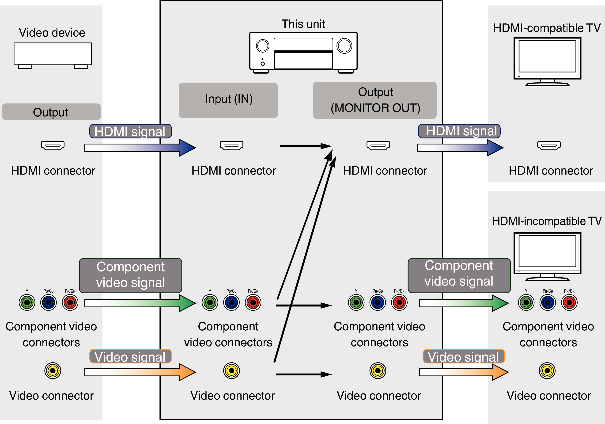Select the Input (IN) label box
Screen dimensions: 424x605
pyautogui.click(x=228, y=100)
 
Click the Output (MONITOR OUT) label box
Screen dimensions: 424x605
pyautogui.click(x=374, y=100)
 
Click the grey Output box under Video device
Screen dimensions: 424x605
pyautogui.click(x=51, y=112)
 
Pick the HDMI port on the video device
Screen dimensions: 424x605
pyautogui.click(x=53, y=145)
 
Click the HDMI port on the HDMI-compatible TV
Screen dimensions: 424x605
pyautogui.click(x=549, y=145)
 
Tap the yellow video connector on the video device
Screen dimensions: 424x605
pyautogui.click(x=53, y=371)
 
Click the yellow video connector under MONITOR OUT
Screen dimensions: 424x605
pyautogui.click(x=378, y=371)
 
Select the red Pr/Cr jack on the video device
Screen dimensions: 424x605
pyautogui.click(x=70, y=302)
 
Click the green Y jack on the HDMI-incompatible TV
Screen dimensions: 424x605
pyautogui.click(x=526, y=302)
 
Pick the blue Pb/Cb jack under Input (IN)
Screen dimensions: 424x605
pyautogui.click(x=231, y=302)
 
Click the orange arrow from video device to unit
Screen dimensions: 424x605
pyautogui.click(x=140, y=372)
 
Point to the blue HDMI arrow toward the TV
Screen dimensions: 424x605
pyautogui.click(x=460, y=148)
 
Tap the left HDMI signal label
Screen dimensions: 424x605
pyautogui.click(x=130, y=131)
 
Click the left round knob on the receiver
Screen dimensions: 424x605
pyautogui.click(x=262, y=46)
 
